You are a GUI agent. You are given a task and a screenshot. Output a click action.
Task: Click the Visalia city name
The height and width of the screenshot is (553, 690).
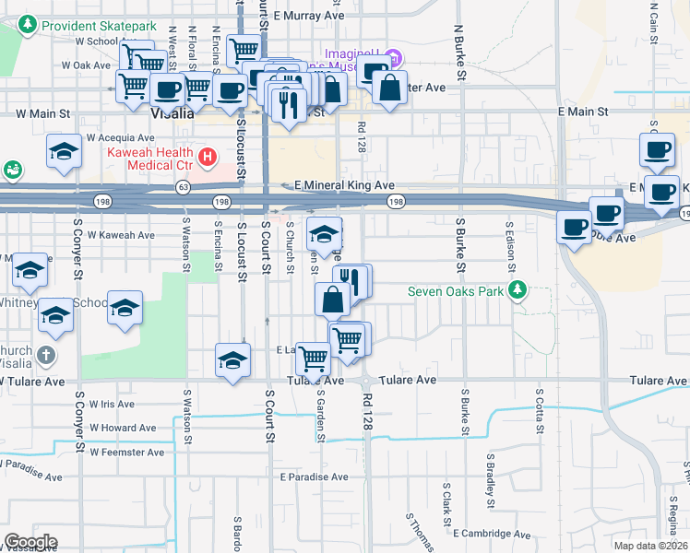pos(172,114)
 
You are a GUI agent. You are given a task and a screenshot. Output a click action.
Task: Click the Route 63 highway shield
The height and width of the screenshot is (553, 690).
pos(184,186)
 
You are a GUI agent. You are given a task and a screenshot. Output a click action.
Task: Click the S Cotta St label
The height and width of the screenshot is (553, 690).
pos(540,405)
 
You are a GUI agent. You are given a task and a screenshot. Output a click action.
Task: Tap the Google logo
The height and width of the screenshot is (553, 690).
pos(30,542)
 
